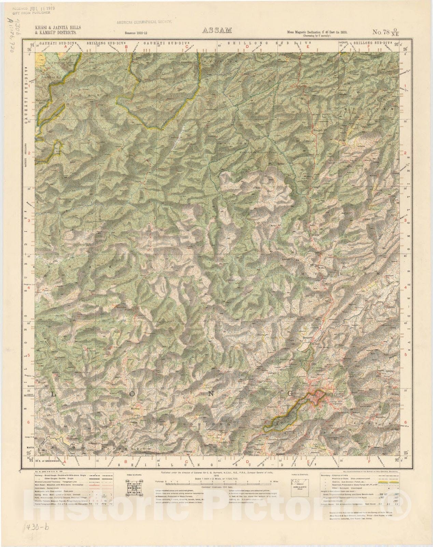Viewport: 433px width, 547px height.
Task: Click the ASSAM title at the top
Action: tap(217, 30)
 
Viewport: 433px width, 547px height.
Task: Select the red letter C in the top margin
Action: tap(186, 46)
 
